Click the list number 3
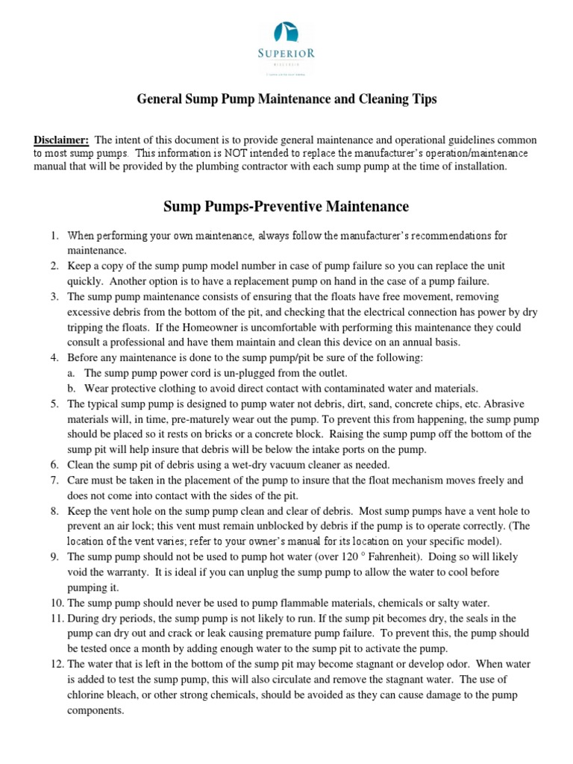pos(54,297)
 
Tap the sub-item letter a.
pos(72,373)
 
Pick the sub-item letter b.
pos(72,388)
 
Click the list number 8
pos(54,511)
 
